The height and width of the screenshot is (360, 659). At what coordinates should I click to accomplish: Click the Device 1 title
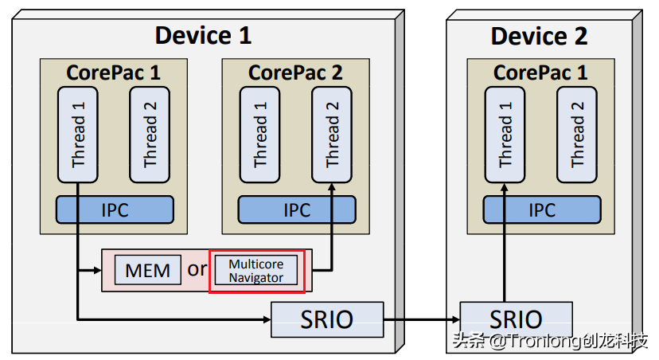[203, 35]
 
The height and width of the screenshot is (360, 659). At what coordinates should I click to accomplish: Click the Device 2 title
[539, 36]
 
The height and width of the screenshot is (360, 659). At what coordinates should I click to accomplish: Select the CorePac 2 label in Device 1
[295, 72]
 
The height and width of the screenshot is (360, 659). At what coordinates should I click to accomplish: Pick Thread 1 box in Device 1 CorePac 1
[78, 134]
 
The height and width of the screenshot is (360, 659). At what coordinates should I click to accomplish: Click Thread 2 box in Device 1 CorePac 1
[150, 134]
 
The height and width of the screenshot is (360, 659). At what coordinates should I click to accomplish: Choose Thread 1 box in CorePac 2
[259, 134]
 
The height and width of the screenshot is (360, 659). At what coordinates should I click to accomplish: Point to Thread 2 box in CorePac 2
[331, 134]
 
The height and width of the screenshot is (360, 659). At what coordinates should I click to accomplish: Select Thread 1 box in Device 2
[505, 134]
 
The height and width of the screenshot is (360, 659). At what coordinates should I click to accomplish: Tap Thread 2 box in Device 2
[576, 134]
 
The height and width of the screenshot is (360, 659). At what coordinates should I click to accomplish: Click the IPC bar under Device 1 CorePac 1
[115, 209]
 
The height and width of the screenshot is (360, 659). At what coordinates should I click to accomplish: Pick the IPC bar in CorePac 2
[296, 209]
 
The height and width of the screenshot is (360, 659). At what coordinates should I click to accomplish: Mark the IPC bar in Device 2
[541, 209]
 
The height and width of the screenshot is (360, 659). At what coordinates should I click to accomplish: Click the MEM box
[148, 270]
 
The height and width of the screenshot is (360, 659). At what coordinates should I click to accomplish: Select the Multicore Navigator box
[256, 270]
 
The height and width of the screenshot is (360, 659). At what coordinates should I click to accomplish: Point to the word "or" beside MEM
[197, 269]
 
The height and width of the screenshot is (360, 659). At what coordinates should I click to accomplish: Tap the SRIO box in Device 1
[327, 319]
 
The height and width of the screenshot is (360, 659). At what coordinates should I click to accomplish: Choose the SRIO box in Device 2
[517, 319]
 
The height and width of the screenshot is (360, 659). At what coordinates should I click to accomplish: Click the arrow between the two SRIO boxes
[422, 320]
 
